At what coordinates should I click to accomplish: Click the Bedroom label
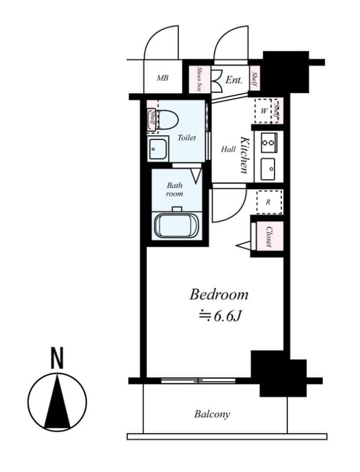pos(218,294)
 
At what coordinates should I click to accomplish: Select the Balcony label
pos(212,414)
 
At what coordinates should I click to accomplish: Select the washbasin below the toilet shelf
pos(158,150)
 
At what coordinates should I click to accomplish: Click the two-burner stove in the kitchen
pos(268,142)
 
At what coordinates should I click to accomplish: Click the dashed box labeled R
pos(269,202)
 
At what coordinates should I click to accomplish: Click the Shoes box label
pos(199,78)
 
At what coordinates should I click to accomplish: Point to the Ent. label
pos(234,78)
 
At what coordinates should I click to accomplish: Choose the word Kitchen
pos(244,155)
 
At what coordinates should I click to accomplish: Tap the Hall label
pos(228,149)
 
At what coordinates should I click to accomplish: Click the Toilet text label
pos(186,137)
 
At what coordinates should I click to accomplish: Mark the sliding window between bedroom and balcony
pos(198,381)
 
